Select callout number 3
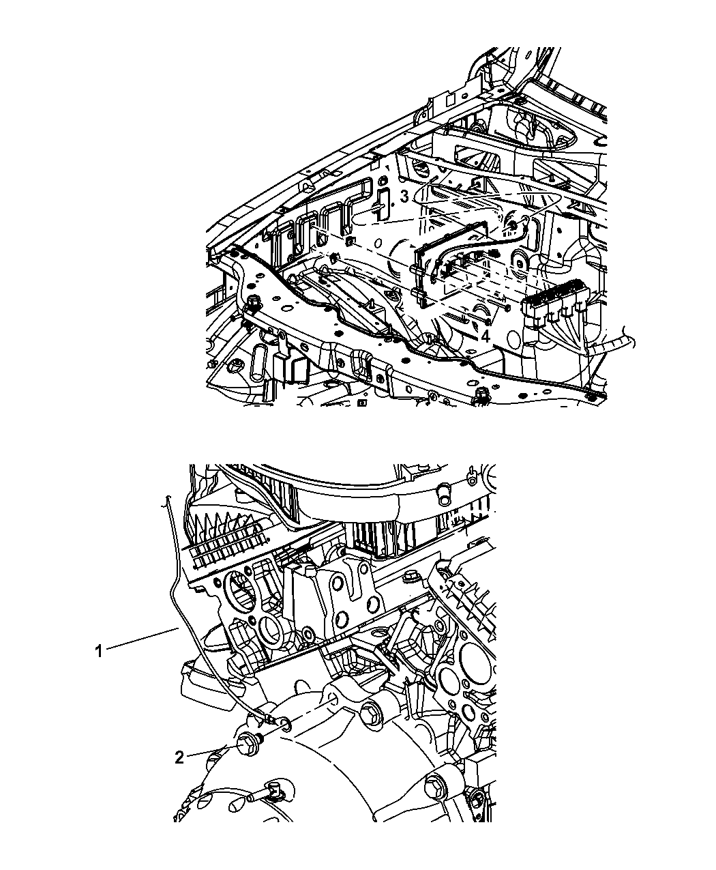pyautogui.click(x=404, y=197)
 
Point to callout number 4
pyautogui.click(x=486, y=336)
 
